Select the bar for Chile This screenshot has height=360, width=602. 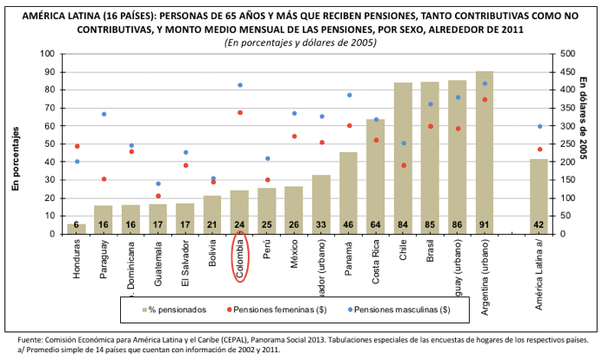pyautogui.click(x=403, y=157)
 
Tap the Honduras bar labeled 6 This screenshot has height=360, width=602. pyautogui.click(x=77, y=229)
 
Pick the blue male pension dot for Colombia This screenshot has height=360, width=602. pyautogui.click(x=239, y=85)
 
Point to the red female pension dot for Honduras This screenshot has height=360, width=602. pyautogui.click(x=77, y=146)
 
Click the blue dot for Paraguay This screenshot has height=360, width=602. pyautogui.click(x=104, y=114)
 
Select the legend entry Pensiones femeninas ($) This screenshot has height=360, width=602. pyautogui.click(x=276, y=308)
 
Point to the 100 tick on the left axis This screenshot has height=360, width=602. pyautogui.click(x=49, y=54)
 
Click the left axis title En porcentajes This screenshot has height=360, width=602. pyautogui.click(x=15, y=157)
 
